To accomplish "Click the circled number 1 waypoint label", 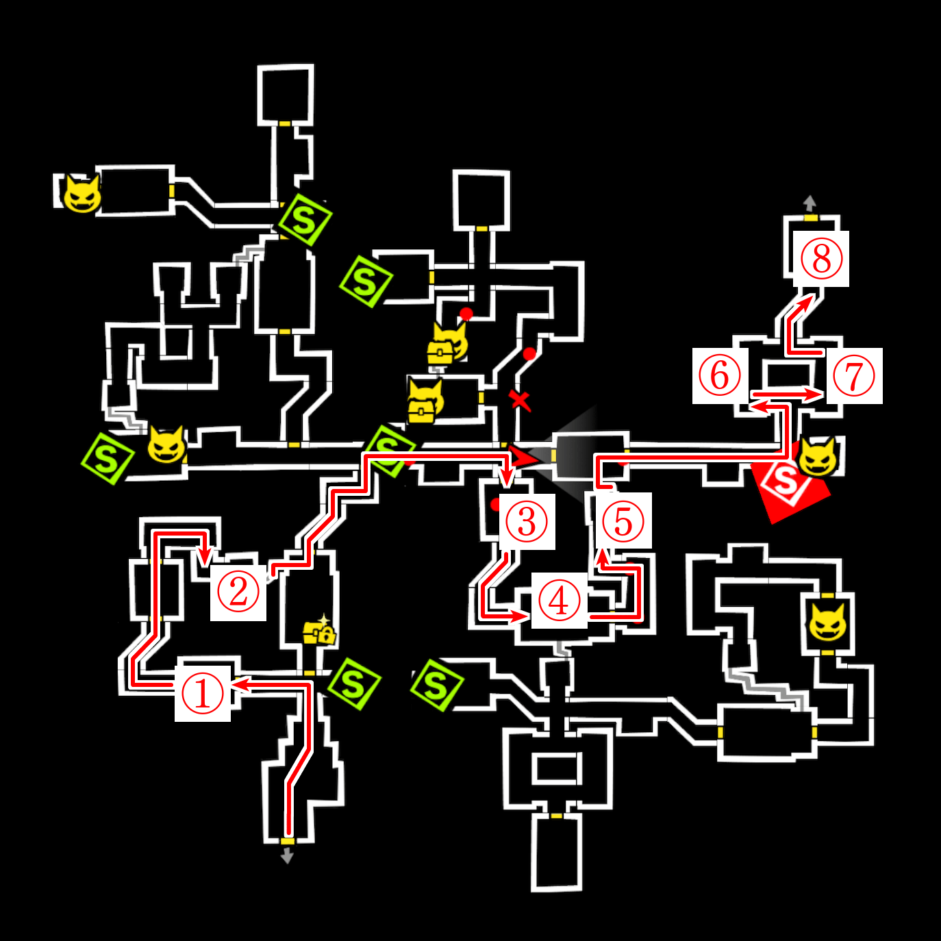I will (203, 693).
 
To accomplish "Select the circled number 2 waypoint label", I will (238, 592).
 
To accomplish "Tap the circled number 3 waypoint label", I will (527, 521).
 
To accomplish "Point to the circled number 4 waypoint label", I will (560, 601).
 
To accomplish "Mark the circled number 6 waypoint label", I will (720, 375).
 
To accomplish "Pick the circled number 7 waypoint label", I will (854, 375).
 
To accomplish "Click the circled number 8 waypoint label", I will (821, 259).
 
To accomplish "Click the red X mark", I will (520, 400).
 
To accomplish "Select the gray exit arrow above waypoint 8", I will (810, 203).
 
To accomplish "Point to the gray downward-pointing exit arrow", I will (288, 855).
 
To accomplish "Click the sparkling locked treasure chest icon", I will (319, 631).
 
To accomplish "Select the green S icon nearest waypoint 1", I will (353, 683).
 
